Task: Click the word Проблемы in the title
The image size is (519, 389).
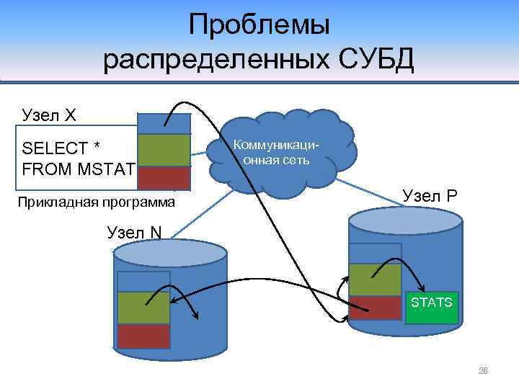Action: (259, 25)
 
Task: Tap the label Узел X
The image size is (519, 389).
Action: (49, 115)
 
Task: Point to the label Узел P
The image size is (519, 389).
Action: (430, 195)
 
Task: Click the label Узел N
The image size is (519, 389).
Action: (134, 231)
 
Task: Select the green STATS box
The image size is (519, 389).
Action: (431, 305)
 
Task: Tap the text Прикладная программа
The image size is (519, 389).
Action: (95, 202)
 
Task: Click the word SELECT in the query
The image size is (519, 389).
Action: (55, 148)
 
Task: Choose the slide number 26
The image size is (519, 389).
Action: (483, 371)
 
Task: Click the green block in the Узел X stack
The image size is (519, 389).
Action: (164, 151)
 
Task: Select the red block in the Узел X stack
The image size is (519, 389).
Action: (164, 177)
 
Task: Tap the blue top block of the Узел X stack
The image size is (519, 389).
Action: (164, 124)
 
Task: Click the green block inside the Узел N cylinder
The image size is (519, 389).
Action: (143, 308)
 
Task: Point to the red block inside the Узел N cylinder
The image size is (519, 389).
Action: (143, 336)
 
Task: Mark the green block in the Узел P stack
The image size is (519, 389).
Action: (375, 280)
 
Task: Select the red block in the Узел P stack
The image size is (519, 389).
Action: (375, 308)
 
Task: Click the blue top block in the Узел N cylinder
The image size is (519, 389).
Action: (143, 281)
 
